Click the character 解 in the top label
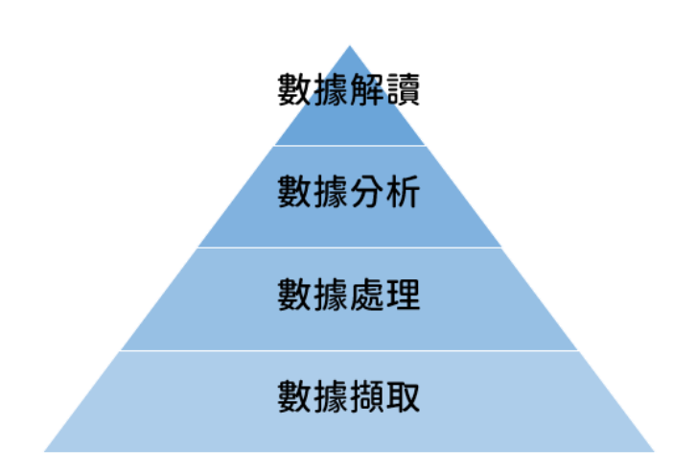click(x=367, y=91)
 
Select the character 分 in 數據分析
click(x=367, y=193)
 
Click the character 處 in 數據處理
click(x=367, y=295)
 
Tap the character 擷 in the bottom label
click(x=367, y=396)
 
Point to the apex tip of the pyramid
click(x=349, y=46)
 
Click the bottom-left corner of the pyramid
click(x=46, y=450)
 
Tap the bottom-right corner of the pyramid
click(x=652, y=450)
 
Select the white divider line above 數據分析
click(x=349, y=146)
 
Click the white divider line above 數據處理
click(x=349, y=248)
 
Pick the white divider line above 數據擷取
click(x=349, y=350)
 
